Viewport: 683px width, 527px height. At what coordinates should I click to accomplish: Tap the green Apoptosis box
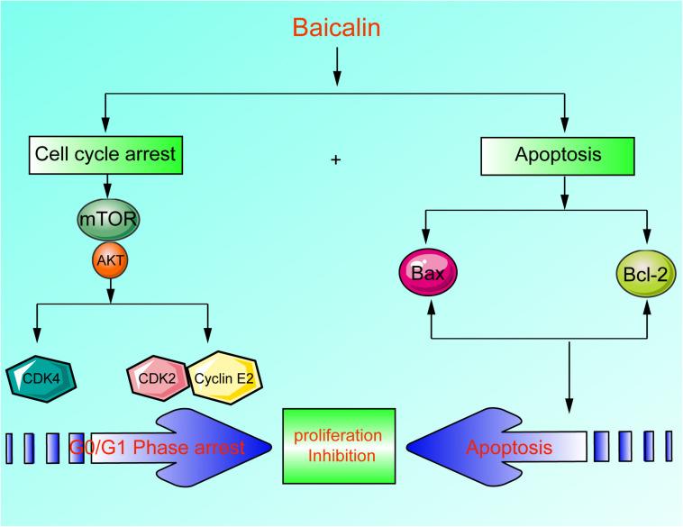(564, 155)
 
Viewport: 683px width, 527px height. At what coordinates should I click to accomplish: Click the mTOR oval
(107, 219)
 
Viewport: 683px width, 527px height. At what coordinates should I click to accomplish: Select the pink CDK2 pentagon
(157, 376)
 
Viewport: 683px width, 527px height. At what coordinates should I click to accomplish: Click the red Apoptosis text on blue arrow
(509, 446)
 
